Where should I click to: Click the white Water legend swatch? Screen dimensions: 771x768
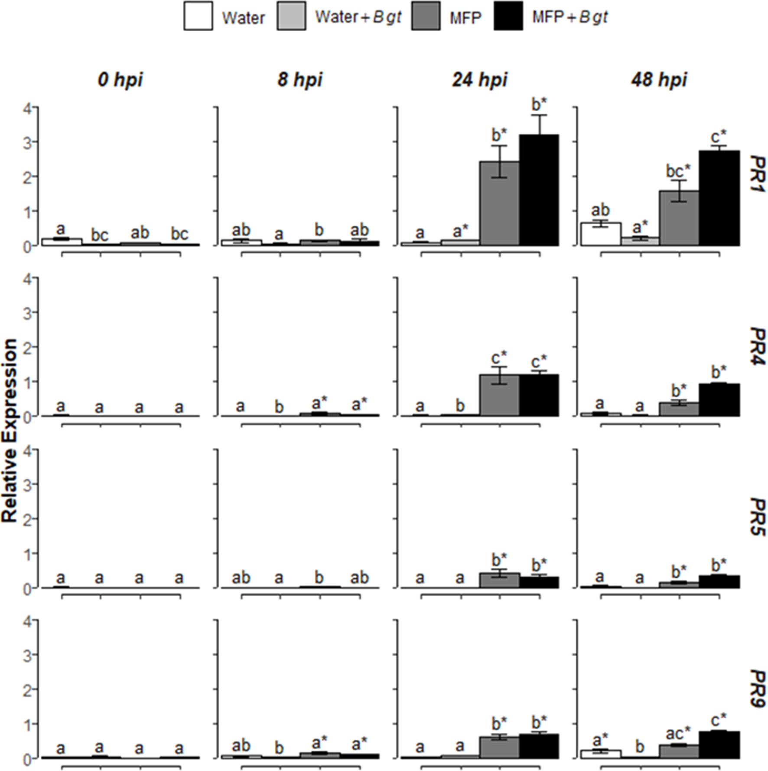pyautogui.click(x=198, y=16)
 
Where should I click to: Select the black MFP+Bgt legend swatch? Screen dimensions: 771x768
pyautogui.click(x=508, y=16)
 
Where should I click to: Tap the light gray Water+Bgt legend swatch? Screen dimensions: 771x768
pyautogui.click(x=291, y=16)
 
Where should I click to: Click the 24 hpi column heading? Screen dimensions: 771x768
pyautogui.click(x=479, y=80)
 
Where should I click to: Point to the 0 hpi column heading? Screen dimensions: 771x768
pyautogui.click(x=120, y=80)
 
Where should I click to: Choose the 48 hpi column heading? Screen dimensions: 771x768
pyautogui.click(x=659, y=80)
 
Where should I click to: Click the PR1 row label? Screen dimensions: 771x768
pyautogui.click(x=758, y=175)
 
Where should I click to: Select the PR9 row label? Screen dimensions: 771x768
pyautogui.click(x=758, y=689)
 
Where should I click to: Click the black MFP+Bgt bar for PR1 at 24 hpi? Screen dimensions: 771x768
pyautogui.click(x=539, y=191)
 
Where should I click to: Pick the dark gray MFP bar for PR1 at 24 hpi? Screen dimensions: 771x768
pyautogui.click(x=499, y=204)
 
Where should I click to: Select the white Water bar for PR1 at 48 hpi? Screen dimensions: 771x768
pyautogui.click(x=600, y=234)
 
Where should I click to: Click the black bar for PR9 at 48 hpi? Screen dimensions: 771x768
pyautogui.click(x=719, y=745)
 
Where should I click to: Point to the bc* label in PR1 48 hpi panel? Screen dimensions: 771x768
pyautogui.click(x=678, y=171)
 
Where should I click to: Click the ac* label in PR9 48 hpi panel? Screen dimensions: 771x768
pyautogui.click(x=678, y=734)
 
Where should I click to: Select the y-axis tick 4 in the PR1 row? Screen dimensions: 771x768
pyautogui.click(x=27, y=108)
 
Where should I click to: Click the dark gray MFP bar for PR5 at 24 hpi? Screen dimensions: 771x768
pyautogui.click(x=499, y=581)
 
